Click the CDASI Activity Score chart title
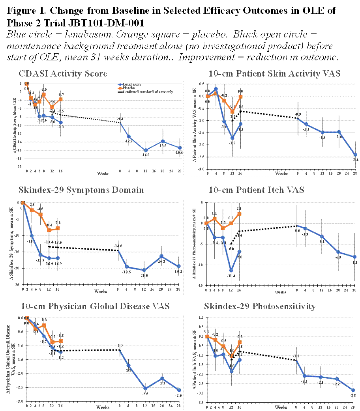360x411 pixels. coord(63,74)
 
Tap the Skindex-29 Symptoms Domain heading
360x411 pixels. coord(81,190)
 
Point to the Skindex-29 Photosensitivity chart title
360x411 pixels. coord(260,306)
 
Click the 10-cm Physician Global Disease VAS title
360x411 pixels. coord(84,306)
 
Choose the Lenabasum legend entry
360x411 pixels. coord(134,85)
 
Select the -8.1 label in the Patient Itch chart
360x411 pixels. coord(354,263)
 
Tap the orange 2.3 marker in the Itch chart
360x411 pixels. coord(239,214)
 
